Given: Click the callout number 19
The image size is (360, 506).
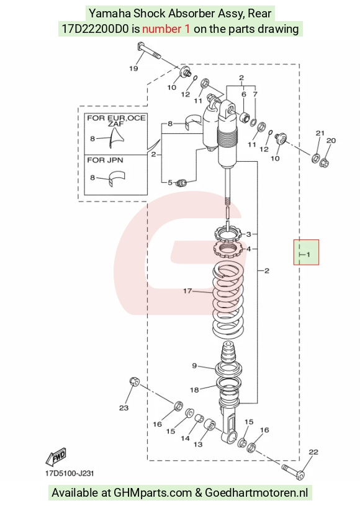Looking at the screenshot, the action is tap(133, 68).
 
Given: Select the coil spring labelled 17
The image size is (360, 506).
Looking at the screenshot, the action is tap(228, 301).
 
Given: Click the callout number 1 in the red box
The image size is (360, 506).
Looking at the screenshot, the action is tap(308, 255).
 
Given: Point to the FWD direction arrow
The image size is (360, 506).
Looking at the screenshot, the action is tap(56, 457).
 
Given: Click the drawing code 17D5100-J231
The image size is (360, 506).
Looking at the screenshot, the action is tap(70, 474).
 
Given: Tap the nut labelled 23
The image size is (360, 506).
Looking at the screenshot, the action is tap(134, 381).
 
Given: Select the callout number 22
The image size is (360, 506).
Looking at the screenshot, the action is tap(313, 452).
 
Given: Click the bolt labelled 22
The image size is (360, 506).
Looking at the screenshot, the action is tap(293, 471).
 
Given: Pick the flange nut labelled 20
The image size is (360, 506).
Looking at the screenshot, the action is tap(324, 162).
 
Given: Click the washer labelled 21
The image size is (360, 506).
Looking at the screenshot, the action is tap(315, 158).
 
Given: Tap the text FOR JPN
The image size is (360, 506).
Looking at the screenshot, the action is tap(105, 160).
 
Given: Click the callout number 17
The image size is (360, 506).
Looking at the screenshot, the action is tap(187, 291).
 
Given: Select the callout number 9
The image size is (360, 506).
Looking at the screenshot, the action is tap(194, 366).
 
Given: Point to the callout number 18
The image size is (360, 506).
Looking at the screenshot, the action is tap(194, 390).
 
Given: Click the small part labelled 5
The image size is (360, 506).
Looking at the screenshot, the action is tap(182, 184).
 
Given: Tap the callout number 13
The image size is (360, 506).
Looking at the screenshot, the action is tap(198, 445).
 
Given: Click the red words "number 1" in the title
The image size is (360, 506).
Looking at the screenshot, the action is tap(166, 29).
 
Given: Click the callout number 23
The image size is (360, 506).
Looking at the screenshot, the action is tap(124, 408).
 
